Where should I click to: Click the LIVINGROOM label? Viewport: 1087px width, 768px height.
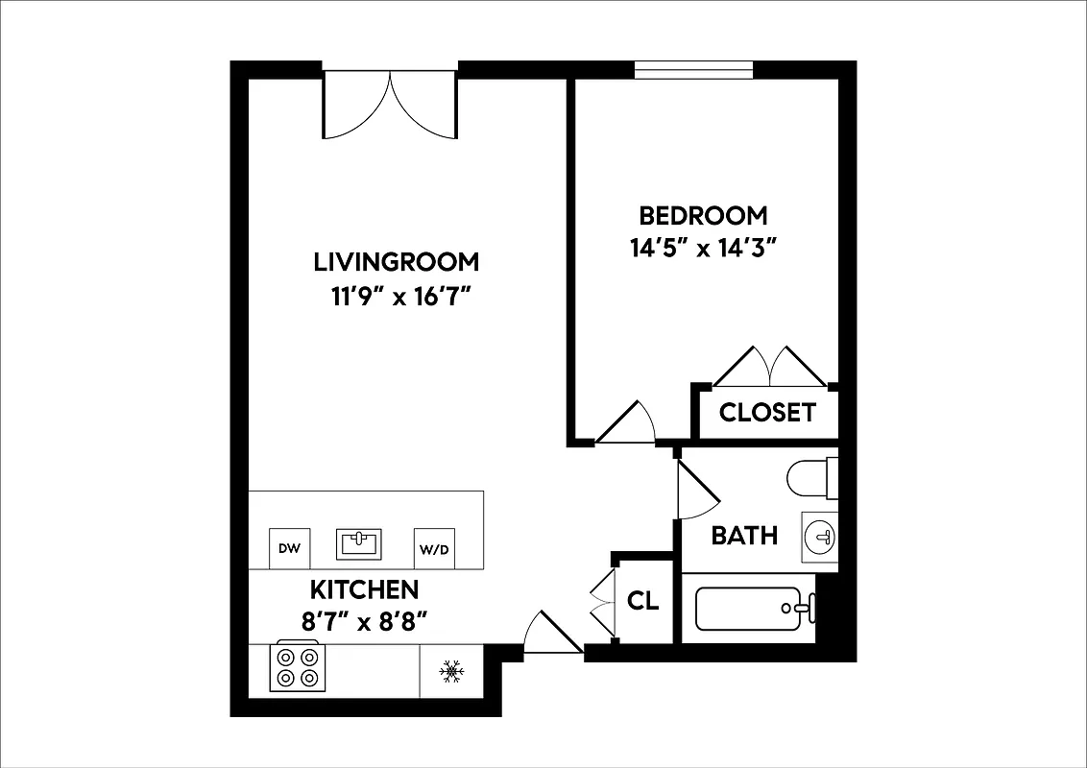pyautogui.click(x=396, y=261)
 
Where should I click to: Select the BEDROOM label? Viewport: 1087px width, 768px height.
pyautogui.click(x=703, y=214)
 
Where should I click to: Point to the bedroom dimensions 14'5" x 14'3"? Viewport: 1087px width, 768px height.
pyautogui.click(x=703, y=249)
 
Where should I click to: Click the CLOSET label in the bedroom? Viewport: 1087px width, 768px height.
pyautogui.click(x=767, y=413)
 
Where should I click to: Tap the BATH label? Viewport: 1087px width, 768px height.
pyautogui.click(x=744, y=535)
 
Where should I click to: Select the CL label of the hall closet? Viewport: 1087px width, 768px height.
pyautogui.click(x=643, y=601)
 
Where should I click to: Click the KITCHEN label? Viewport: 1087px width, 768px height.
pyautogui.click(x=364, y=588)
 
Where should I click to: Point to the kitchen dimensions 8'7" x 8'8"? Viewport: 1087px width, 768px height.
pyautogui.click(x=364, y=622)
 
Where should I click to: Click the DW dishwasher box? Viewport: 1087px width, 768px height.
pyautogui.click(x=289, y=549)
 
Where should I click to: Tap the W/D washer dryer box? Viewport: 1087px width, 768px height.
pyautogui.click(x=434, y=549)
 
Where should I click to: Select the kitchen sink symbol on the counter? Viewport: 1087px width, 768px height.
pyautogui.click(x=360, y=543)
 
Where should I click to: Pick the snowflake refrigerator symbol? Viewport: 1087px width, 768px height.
pyautogui.click(x=451, y=671)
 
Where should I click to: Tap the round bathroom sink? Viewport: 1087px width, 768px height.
pyautogui.click(x=821, y=536)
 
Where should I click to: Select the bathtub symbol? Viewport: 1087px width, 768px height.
pyautogui.click(x=749, y=609)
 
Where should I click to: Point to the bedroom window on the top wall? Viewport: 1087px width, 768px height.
pyautogui.click(x=693, y=70)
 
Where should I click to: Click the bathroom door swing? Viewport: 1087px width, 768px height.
pyautogui.click(x=695, y=490)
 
